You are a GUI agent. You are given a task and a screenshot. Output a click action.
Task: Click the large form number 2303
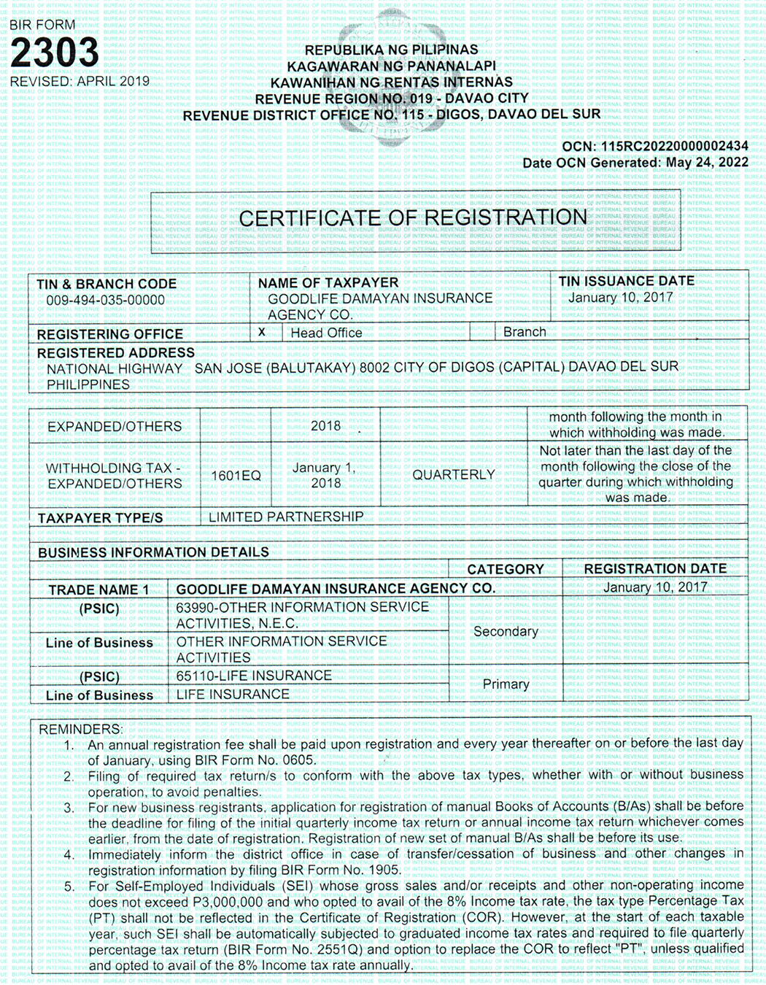[55, 53]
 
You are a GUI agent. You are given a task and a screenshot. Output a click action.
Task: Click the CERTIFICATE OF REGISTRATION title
[413, 217]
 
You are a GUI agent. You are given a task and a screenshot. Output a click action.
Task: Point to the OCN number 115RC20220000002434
[674, 146]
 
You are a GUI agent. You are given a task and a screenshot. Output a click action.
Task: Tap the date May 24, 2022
[705, 162]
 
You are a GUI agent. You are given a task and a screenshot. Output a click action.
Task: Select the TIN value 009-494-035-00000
[105, 300]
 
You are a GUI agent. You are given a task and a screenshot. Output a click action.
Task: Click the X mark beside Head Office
[262, 332]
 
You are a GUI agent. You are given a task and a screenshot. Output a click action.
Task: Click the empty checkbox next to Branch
[481, 332]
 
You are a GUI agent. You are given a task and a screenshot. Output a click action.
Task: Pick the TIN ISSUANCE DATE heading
[626, 281]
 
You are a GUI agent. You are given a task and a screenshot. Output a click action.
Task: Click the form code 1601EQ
[236, 476]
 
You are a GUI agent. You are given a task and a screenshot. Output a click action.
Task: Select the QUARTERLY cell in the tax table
[453, 475]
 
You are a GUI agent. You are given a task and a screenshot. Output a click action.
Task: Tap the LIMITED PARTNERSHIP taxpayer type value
[286, 517]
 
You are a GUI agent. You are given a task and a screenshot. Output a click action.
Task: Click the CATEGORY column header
[506, 569]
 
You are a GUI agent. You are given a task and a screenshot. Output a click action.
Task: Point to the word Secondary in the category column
[506, 631]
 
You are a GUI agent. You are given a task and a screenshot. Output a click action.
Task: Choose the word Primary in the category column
[506, 684]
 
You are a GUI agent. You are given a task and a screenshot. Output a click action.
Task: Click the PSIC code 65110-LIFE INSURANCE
[254, 676]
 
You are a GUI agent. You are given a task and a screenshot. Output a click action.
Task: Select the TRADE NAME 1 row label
[98, 590]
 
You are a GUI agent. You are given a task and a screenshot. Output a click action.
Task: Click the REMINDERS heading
[80, 729]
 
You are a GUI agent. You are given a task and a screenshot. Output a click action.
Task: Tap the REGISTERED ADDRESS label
[115, 352]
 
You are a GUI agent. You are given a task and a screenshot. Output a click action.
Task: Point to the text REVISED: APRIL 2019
[80, 81]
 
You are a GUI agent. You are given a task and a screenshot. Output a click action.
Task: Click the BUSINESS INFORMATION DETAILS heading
[153, 552]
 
